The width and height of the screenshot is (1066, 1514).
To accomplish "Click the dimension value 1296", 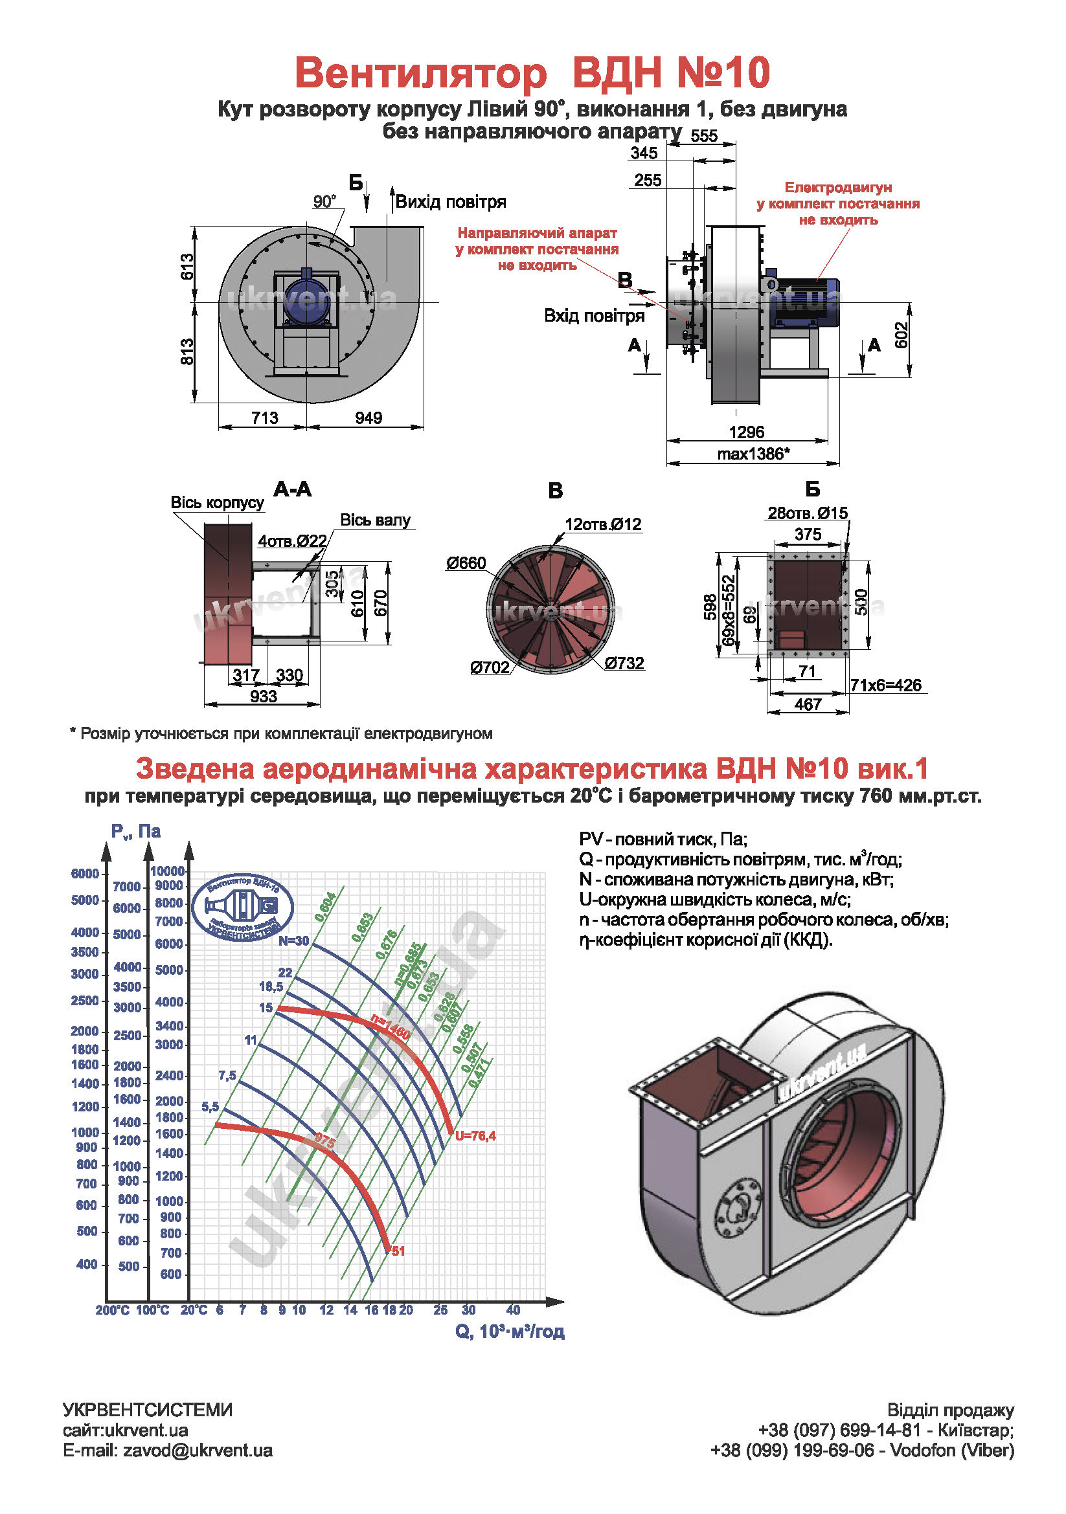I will [x=746, y=432].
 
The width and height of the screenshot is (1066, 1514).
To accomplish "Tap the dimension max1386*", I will [x=753, y=454].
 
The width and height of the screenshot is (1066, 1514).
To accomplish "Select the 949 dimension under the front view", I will [x=368, y=417].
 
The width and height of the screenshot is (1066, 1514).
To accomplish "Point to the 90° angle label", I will [x=324, y=201].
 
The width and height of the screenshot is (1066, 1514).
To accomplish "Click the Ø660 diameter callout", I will [x=466, y=562].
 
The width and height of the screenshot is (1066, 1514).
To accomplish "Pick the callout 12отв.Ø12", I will [x=603, y=524].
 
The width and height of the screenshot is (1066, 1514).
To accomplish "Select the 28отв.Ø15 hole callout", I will [x=808, y=513].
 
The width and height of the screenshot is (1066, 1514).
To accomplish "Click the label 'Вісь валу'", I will [x=375, y=520].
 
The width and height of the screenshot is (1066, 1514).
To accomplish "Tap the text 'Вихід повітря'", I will [x=451, y=202].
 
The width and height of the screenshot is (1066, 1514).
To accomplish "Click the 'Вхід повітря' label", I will [x=594, y=316].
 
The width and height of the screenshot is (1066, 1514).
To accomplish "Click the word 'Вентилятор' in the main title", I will [x=421, y=72].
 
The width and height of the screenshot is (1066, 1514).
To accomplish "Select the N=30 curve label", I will [x=293, y=941].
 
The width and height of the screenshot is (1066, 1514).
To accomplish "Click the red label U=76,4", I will [x=475, y=1135].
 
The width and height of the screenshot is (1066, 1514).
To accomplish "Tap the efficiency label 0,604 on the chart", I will [x=326, y=907].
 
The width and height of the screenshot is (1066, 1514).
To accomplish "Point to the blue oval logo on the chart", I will [x=242, y=907].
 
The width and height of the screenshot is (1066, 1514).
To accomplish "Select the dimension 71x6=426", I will [x=885, y=685].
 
